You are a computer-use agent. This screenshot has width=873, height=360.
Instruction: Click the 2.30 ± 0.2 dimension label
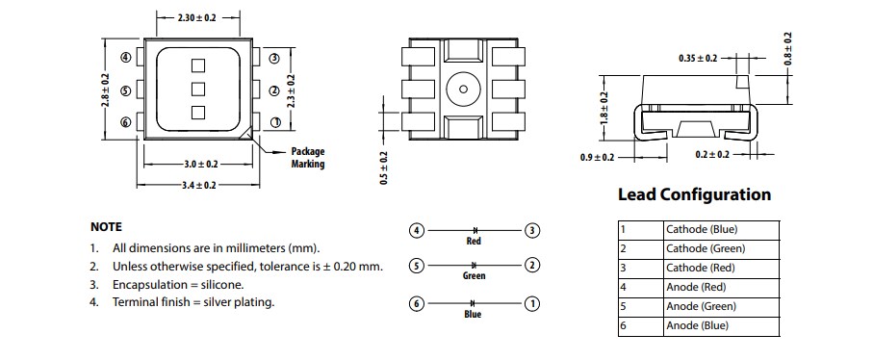(197, 17)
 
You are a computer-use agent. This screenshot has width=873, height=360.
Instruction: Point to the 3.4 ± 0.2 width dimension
(198, 185)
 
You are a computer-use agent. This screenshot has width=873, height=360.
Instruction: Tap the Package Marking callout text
(308, 158)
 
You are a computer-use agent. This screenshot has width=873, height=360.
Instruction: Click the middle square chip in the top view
(198, 90)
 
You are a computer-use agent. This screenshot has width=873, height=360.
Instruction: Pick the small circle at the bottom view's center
(463, 90)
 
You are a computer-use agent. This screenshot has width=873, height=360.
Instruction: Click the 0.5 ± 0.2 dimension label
(383, 167)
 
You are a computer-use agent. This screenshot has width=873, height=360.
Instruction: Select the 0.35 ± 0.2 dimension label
(698, 59)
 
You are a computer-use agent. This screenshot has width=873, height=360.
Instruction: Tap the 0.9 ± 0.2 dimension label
(598, 157)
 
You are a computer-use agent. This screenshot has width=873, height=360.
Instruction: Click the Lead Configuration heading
(694, 194)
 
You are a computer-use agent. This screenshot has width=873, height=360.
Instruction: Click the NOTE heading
(106, 227)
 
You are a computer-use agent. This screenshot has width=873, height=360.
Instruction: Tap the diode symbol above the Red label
(475, 231)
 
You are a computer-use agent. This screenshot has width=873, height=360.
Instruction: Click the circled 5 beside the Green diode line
(416, 265)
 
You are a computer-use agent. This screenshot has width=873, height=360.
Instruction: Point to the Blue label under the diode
(473, 315)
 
